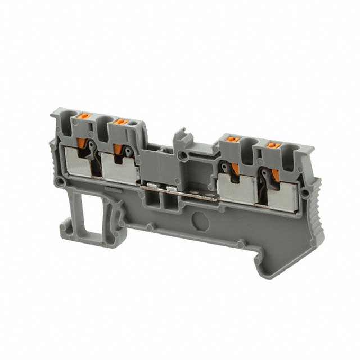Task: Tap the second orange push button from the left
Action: (x=119, y=121)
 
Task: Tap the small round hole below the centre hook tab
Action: (x=184, y=154)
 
